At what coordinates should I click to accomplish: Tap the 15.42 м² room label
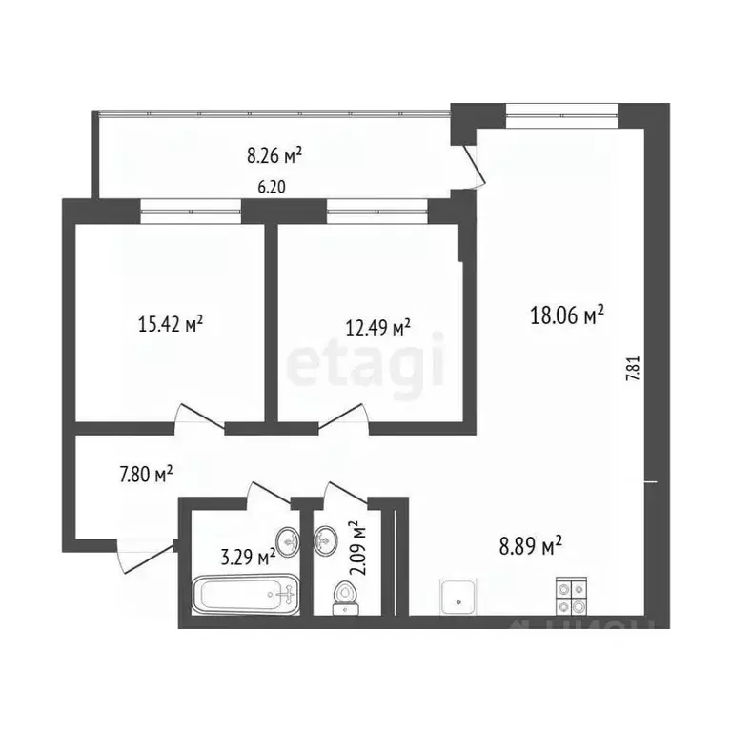click(171, 325)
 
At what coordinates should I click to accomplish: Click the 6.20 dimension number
click(272, 188)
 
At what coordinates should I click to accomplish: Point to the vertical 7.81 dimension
click(632, 369)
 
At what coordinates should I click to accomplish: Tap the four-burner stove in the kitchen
click(572, 596)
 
